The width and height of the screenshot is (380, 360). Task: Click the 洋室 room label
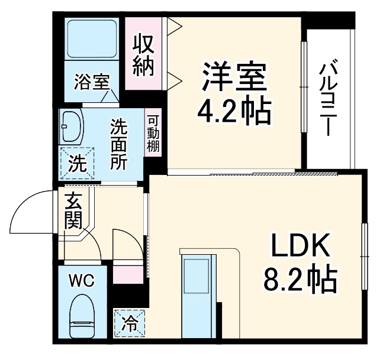point(234,77)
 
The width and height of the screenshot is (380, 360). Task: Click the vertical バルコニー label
point(327,97)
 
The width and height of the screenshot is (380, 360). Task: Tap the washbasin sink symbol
point(72,125)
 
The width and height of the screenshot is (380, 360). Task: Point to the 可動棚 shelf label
point(153,134)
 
